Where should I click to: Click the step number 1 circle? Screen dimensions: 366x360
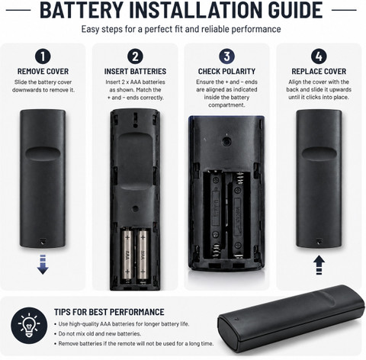tap(43, 56)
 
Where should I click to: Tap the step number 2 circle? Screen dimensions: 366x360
tap(135, 56)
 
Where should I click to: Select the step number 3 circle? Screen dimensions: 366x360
tap(226, 56)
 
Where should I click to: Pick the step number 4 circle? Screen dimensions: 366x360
tap(319, 56)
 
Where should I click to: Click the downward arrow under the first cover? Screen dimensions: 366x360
tap(43, 265)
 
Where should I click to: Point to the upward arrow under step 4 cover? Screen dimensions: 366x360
tap(319, 265)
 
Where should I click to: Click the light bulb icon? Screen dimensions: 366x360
tap(29, 325)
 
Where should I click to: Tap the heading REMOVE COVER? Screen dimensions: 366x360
tap(43, 72)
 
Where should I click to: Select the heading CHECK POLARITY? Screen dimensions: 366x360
tap(226, 72)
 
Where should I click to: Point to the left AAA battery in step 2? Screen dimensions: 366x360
tap(127, 255)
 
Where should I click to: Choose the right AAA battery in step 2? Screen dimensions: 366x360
tap(143, 255)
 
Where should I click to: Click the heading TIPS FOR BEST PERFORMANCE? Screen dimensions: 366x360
tap(109, 312)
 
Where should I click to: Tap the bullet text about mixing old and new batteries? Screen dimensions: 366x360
tap(99, 333)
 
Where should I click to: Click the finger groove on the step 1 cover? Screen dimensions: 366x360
tap(43, 153)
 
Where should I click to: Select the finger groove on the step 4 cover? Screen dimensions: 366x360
tap(319, 153)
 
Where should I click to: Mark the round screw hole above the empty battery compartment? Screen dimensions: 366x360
tap(226, 141)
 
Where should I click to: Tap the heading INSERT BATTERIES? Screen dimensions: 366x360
tap(135, 72)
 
